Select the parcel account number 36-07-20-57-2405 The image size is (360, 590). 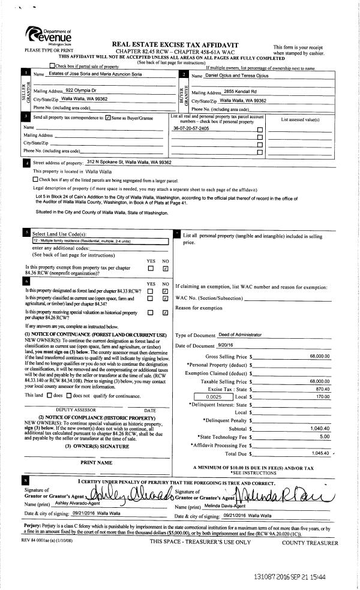[x=191, y=128]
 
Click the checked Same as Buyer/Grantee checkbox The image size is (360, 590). [x=107, y=118]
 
